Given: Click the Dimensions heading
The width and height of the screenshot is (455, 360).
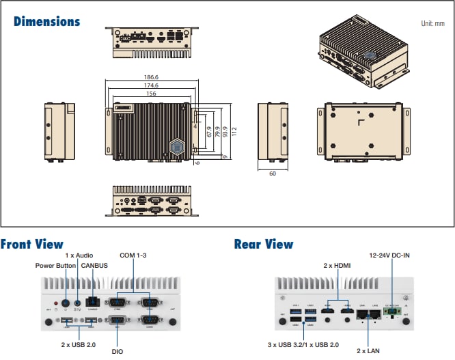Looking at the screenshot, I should coord(46,21).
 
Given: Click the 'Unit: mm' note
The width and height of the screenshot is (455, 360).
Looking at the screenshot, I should coord(432,23).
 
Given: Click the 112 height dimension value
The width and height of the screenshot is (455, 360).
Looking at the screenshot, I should coord(234,130).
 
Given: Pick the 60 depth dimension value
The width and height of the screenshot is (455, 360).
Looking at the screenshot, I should coord(272,174).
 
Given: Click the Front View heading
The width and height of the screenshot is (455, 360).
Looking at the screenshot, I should coord(32,244).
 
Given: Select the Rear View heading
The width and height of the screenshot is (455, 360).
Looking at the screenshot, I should coord(263,244).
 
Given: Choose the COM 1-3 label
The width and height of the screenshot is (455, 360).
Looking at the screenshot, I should coord(134,255).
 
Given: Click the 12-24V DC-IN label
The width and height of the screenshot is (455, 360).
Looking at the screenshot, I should coord(389,255).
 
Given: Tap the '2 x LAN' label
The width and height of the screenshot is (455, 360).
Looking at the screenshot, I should coord(368,350).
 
